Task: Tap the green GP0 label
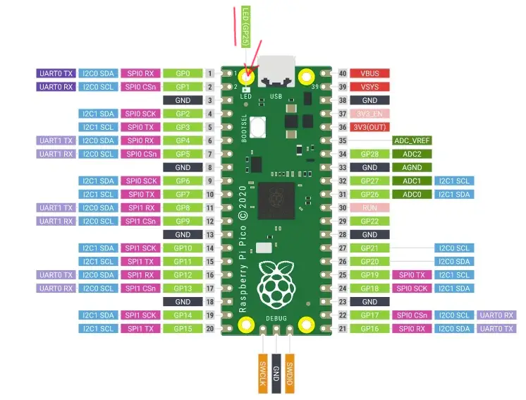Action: coord(183,73)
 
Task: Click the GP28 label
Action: coord(370,154)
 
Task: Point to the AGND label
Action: coord(412,167)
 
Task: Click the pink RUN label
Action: coord(370,207)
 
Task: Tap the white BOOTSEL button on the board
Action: coord(259,129)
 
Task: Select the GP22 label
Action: coord(370,221)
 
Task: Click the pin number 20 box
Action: coord(210,328)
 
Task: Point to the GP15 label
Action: coord(183,328)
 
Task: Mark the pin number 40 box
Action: coord(342,73)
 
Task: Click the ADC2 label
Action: coord(412,154)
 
